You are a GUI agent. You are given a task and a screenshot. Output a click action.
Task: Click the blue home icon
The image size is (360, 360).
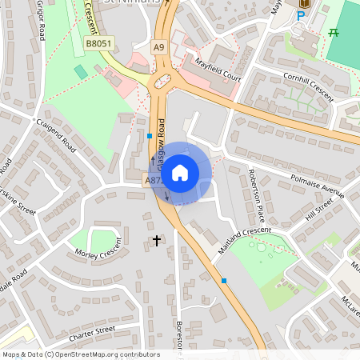click(180, 173)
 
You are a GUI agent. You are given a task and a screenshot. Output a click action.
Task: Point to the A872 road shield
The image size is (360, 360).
click(154, 182)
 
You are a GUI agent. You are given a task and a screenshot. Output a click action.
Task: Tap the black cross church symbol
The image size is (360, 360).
click(157, 239)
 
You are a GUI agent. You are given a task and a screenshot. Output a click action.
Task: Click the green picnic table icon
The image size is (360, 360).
click(334, 32)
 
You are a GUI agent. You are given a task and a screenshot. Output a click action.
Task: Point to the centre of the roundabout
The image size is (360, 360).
click(163, 80)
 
